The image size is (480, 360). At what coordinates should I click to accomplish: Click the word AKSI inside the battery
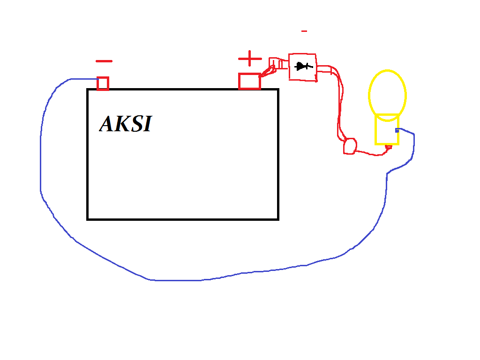pos(126,124)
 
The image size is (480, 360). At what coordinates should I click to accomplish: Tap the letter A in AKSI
pos(107,124)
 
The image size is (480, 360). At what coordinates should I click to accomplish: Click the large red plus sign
pos(250,59)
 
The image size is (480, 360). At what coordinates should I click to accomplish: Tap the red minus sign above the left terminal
pos(104,61)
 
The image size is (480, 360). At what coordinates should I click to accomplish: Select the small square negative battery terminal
pos(103,83)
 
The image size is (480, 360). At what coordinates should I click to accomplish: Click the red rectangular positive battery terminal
pos(249,81)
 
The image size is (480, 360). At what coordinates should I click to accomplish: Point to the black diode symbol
pos(303,67)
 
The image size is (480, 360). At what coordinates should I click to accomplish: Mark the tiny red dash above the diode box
pos(304,31)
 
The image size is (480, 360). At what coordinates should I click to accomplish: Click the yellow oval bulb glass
pos(387,93)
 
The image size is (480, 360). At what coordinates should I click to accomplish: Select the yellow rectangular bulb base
pos(387,129)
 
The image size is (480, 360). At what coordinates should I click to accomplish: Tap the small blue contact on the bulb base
pos(397,130)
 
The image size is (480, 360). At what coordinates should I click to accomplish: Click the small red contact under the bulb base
pos(388,148)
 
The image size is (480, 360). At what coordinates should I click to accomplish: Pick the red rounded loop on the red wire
pos(350,146)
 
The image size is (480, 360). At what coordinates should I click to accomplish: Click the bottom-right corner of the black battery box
pos(278,219)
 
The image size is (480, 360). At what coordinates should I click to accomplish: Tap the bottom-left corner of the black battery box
pos(88,219)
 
